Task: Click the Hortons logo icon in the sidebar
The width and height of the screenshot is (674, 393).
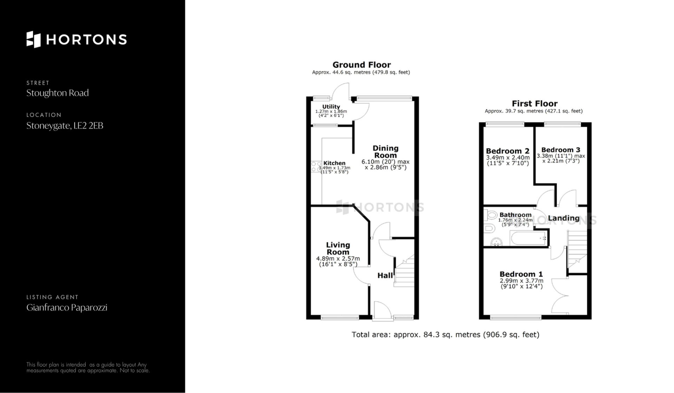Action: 34,39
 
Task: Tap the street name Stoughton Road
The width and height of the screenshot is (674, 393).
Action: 58,93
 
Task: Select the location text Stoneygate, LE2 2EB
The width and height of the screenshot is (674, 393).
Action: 65,126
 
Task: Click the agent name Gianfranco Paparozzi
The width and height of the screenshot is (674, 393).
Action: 67,308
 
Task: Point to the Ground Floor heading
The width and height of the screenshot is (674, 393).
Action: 362,65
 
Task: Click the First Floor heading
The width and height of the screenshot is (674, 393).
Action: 534,104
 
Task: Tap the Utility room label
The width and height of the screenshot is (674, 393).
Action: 331,107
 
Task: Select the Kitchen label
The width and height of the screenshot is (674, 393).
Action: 334,163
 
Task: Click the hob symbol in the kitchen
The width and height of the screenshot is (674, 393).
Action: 316,166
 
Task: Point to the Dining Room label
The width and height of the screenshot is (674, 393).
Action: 385,152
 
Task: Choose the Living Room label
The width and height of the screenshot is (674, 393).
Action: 338,248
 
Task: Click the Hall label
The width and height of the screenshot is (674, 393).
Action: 385,276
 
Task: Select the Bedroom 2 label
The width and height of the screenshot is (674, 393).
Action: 508,151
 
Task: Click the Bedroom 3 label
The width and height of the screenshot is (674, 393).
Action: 561,150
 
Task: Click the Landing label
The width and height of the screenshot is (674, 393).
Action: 563,218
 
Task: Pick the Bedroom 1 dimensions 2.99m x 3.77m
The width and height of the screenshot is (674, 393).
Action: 521,281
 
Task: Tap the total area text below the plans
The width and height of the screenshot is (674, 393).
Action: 445,335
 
